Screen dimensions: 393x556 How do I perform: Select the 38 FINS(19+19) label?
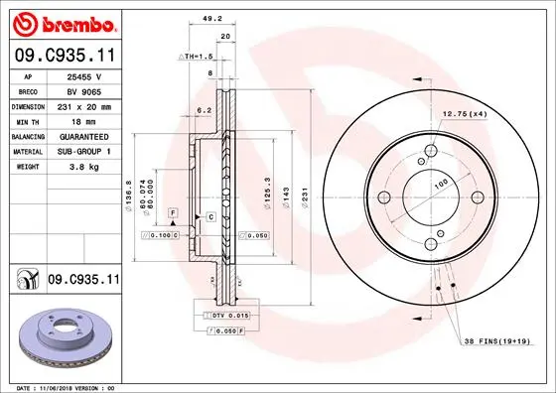(x=504, y=340)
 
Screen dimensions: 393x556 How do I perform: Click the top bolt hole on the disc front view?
(x=430, y=151)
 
